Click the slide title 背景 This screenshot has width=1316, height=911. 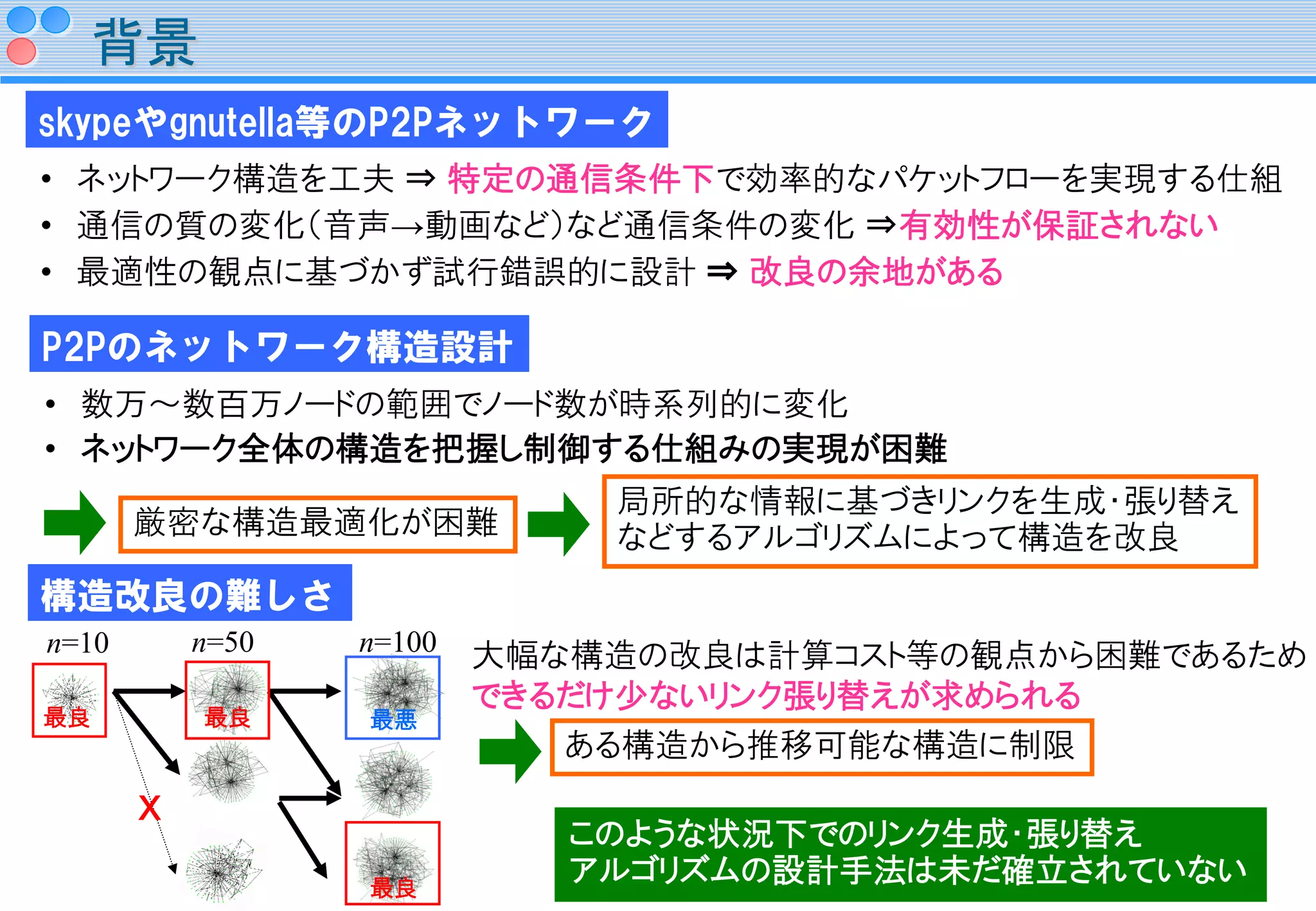coord(145,43)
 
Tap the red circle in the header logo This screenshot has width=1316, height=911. coord(22,51)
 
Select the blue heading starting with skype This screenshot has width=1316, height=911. coord(346,121)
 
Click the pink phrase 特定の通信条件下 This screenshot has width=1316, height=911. coord(580,179)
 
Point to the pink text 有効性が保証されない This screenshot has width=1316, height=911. coord(1058,225)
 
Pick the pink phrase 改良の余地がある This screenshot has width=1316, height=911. coord(876,272)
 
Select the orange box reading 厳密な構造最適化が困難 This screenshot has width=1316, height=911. coord(317,524)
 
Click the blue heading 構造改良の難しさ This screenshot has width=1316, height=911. coord(190,594)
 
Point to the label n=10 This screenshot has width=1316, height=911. coord(78,643)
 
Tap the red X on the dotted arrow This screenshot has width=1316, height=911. coord(150,808)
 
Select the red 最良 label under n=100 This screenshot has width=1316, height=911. coord(393,888)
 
